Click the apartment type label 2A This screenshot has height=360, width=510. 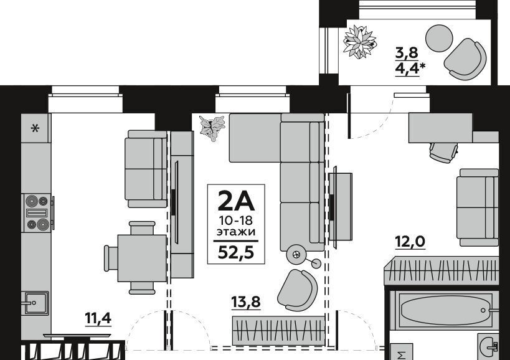point(236,201)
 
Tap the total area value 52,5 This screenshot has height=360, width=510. point(235,252)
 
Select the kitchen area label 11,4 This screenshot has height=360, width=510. point(98,318)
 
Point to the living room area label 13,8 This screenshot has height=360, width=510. point(246,302)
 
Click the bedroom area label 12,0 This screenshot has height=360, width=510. point(410,242)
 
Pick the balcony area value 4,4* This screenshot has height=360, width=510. point(410,69)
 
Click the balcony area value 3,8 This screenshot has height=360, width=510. point(407,52)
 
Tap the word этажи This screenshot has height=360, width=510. point(236,232)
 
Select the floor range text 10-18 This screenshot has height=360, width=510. point(236,221)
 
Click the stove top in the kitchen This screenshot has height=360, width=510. point(37,213)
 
